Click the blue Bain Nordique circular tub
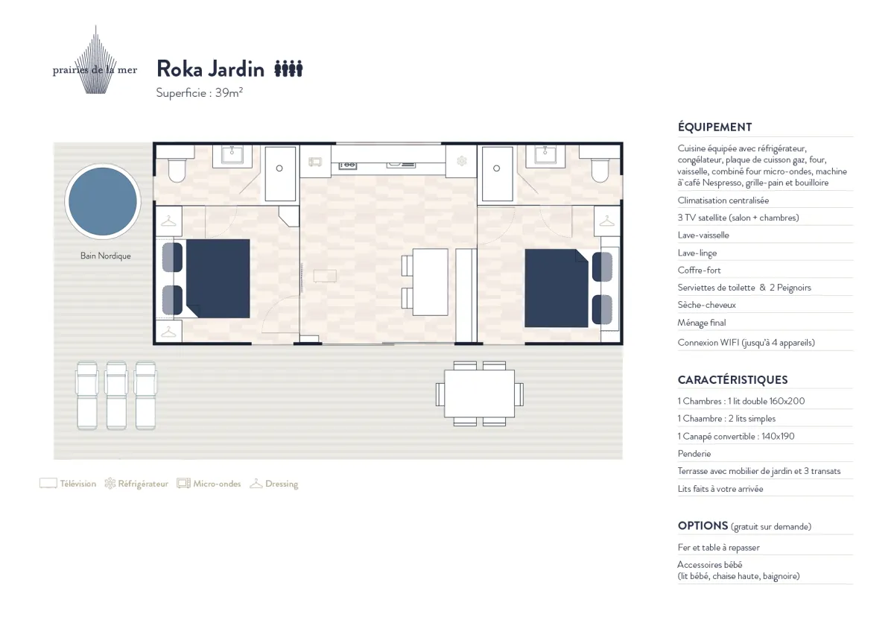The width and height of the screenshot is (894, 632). coord(103,201)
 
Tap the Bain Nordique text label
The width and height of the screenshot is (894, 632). coord(105,256)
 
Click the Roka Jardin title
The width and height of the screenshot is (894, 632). coord(210,69)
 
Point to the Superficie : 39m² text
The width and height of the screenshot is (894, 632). coord(200,92)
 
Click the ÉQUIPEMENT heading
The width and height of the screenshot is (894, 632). coord(714,127)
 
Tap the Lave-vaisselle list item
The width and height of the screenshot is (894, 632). coord(703,236)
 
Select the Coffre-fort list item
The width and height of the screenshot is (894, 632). coord(700,271)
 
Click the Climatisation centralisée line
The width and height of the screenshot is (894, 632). coord(723,200)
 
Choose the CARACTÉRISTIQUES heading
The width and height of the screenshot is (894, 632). coord(733,379)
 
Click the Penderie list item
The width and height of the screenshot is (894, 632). coord(694,454)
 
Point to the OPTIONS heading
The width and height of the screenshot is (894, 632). coord(703,526)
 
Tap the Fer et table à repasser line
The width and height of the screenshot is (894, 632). coord(718,548)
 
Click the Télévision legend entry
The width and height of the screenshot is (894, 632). coord(68,484)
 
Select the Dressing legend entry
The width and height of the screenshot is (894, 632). coord(274,484)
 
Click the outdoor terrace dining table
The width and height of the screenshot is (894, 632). coord(479,394)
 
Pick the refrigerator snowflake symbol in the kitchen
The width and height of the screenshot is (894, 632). coord(462,161)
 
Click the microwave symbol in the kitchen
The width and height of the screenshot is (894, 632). coord(315,162)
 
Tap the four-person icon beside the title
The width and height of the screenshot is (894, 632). coord(288,69)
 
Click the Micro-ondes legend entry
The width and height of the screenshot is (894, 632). coord(209,484)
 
